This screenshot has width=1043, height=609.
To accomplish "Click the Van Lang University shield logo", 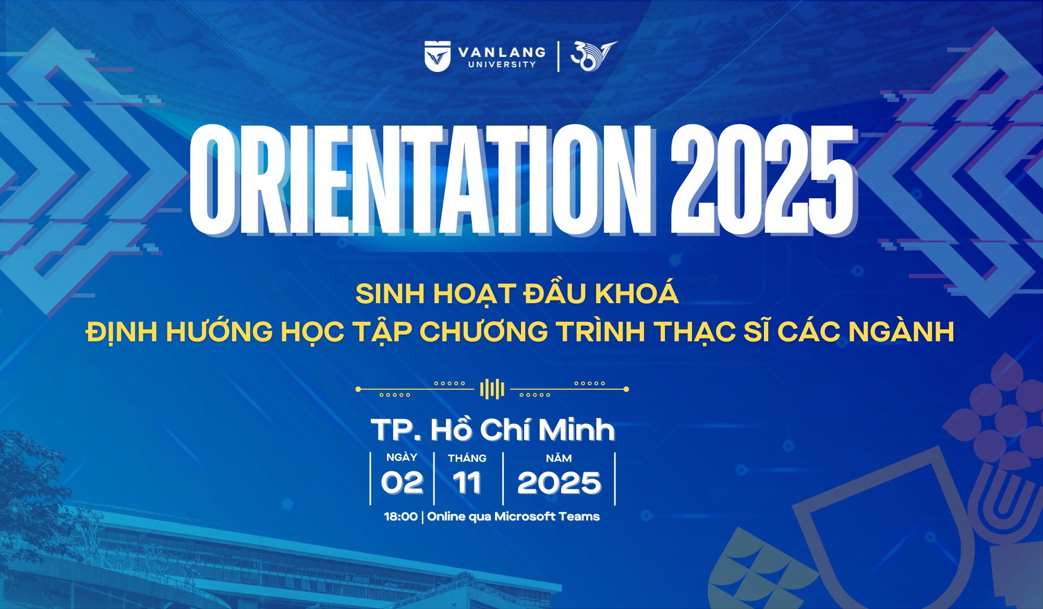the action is coord(438,56).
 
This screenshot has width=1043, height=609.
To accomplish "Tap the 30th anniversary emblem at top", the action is coord(593,56).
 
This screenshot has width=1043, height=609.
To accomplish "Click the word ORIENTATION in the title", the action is coord(420,180).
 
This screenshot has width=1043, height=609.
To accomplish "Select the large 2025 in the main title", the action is coord(763,180).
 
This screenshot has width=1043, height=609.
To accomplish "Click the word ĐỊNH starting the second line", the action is coord(122,332).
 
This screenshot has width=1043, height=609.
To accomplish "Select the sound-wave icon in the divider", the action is coord(492,389).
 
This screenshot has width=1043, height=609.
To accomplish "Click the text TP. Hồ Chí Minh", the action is coord(493,430).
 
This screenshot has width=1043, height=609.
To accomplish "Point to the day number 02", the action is coord(402,483).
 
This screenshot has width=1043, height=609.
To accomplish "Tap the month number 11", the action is coord(467,483).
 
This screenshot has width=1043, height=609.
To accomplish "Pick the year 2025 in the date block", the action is coord(559,483).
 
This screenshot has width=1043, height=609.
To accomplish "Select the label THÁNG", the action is coord(467,458).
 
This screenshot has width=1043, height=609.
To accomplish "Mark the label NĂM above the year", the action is coord(559,458).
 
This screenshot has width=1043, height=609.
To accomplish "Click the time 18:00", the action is coord(401,517).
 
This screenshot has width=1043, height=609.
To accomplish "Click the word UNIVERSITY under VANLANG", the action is coord(502,65).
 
